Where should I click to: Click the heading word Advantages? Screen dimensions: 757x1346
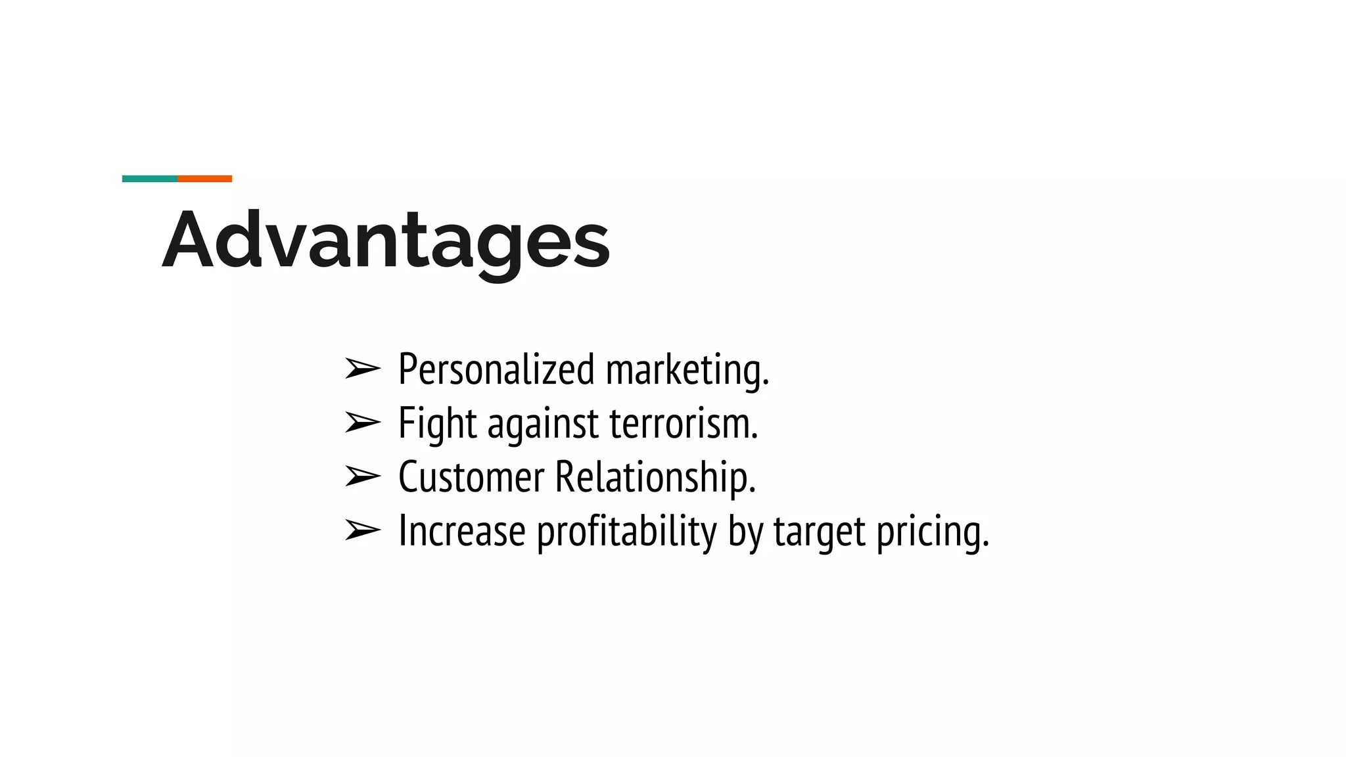386,241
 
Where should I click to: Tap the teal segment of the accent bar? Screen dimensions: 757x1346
150,179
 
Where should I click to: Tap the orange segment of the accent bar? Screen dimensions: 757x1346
204,179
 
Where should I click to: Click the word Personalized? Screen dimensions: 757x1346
496,370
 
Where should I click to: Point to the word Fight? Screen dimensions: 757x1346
437,424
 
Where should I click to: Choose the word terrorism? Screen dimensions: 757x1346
684,424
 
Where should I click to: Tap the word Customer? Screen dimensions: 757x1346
471,477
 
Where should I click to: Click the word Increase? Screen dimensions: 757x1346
462,531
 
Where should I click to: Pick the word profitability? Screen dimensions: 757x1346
626,532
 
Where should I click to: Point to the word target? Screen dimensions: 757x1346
819,532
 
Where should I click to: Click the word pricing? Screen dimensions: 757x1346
933,532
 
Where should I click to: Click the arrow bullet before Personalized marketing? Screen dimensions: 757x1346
362,369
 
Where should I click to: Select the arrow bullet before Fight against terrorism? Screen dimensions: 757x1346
362,423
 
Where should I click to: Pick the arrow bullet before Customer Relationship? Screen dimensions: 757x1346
362,476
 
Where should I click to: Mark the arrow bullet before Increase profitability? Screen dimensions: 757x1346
362,530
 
